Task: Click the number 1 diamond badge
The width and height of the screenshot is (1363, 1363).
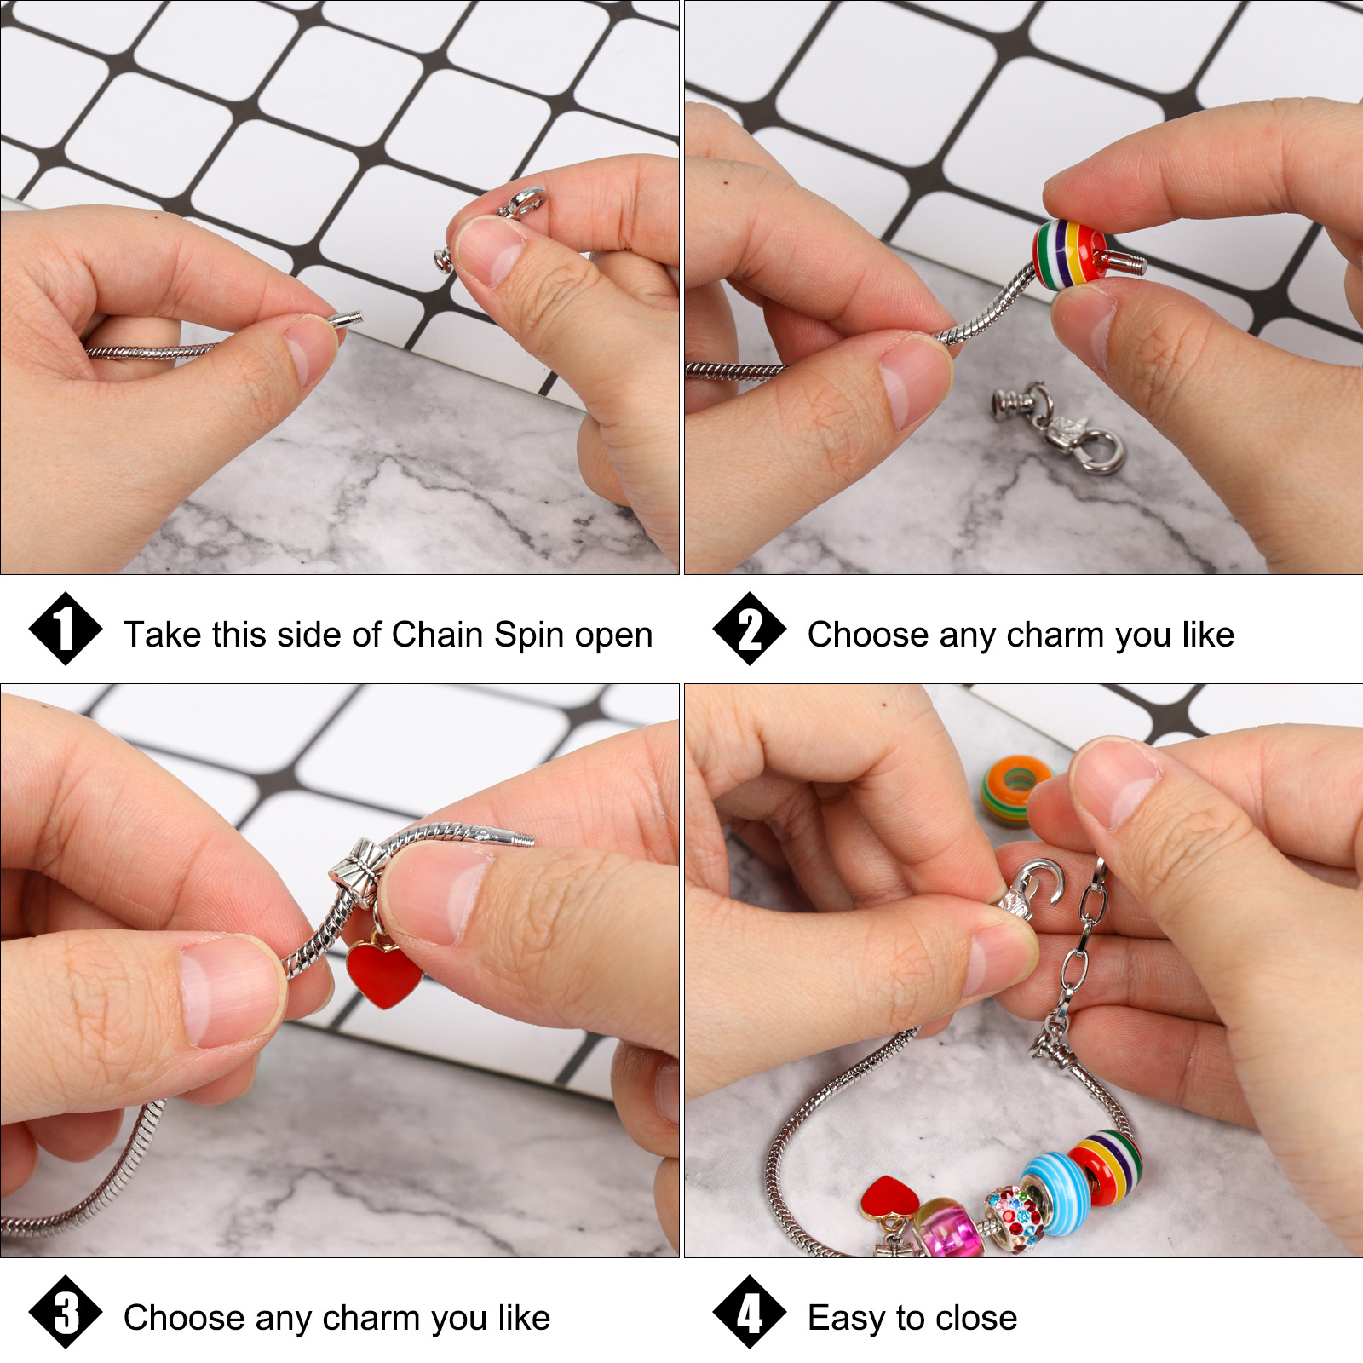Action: pyautogui.click(x=66, y=629)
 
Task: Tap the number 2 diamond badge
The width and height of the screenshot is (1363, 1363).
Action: pyautogui.click(x=750, y=629)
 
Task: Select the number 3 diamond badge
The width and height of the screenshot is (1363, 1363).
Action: pyautogui.click(x=66, y=1312)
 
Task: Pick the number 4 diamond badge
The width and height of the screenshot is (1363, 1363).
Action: pyautogui.click(x=750, y=1312)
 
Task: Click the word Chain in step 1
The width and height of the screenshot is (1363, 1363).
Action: pyautogui.click(x=438, y=635)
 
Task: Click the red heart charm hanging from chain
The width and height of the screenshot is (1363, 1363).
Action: pyautogui.click(x=383, y=972)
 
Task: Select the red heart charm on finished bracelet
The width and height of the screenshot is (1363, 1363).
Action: pyautogui.click(x=890, y=1197)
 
